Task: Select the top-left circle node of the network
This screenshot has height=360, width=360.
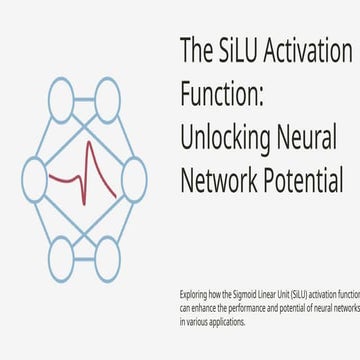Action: pos(62,101)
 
